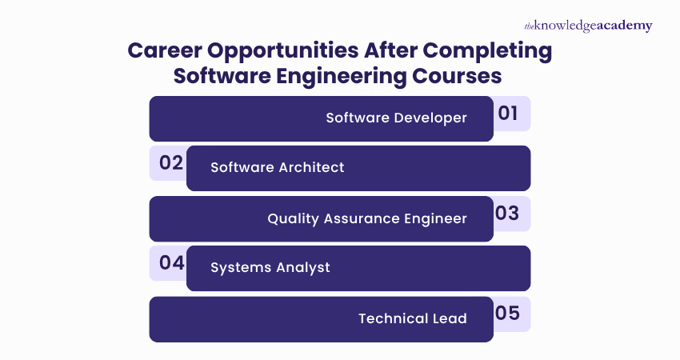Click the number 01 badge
(512, 114)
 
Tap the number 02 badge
(168, 163)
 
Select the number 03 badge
(512, 214)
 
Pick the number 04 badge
(168, 263)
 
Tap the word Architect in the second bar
(311, 167)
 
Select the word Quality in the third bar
(293, 218)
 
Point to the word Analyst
(302, 268)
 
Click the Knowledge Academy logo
(589, 26)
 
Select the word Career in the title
(165, 50)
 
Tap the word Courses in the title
(457, 76)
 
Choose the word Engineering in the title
(342, 77)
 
